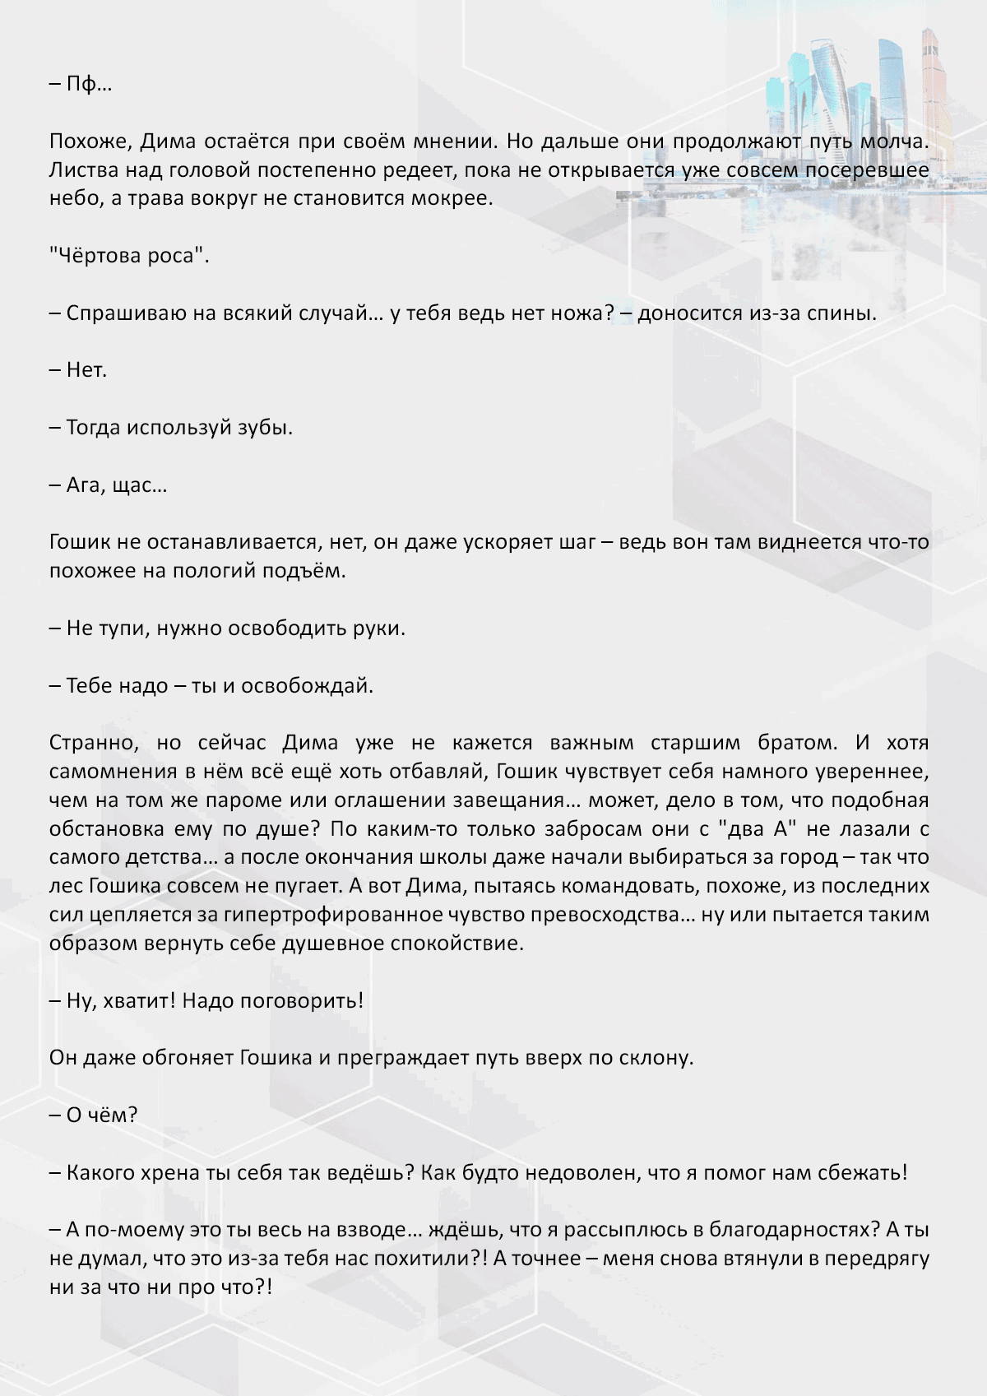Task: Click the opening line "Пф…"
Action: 89,84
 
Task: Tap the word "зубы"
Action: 265,428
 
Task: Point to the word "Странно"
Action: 95,743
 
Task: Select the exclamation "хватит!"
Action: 139,1001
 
